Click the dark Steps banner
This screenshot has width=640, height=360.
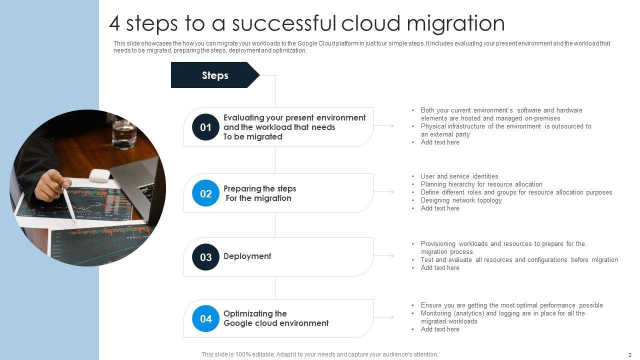pos(215,75)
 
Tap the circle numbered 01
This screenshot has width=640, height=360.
pos(206,127)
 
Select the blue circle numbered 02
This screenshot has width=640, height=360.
pos(206,193)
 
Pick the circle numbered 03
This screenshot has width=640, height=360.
pos(206,257)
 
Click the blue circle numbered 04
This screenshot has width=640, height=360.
pos(206,318)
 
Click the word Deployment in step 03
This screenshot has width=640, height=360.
pos(247,256)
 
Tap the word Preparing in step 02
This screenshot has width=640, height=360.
pos(241,188)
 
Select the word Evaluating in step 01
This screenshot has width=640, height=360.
pos(243,117)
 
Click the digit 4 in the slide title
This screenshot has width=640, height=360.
pos(115,23)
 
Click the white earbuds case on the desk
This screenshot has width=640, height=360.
pos(99,175)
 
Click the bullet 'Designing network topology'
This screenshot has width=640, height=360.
pos(461,200)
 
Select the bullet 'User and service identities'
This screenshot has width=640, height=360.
pos(459,176)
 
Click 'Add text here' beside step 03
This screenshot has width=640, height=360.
pos(439,267)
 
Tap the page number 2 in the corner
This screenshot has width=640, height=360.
pos(629,354)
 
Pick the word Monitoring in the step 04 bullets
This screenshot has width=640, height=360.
pos(438,313)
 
